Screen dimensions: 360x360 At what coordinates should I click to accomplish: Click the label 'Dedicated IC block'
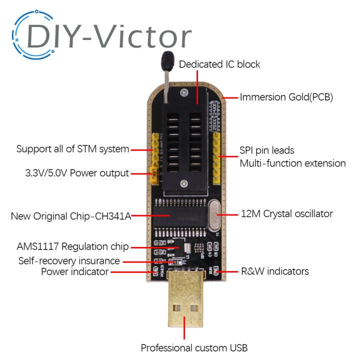(219, 64)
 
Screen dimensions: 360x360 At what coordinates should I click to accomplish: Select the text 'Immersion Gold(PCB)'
(286, 97)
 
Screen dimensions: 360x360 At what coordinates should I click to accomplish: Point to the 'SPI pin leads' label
(267, 150)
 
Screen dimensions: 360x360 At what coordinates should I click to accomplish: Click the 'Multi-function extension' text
(292, 163)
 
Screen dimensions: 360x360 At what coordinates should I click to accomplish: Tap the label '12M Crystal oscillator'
(286, 213)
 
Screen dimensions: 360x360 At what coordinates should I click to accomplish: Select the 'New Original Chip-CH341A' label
(70, 216)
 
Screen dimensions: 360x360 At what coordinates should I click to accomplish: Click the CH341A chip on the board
(179, 217)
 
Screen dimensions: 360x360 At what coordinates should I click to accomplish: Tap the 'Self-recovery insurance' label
(69, 260)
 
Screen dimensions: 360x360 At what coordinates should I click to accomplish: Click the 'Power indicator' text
(74, 271)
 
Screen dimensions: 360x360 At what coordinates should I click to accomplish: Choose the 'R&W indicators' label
(274, 271)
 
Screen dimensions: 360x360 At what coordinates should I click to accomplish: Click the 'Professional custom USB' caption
(194, 347)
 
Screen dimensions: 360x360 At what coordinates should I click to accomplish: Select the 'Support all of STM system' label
(72, 149)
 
